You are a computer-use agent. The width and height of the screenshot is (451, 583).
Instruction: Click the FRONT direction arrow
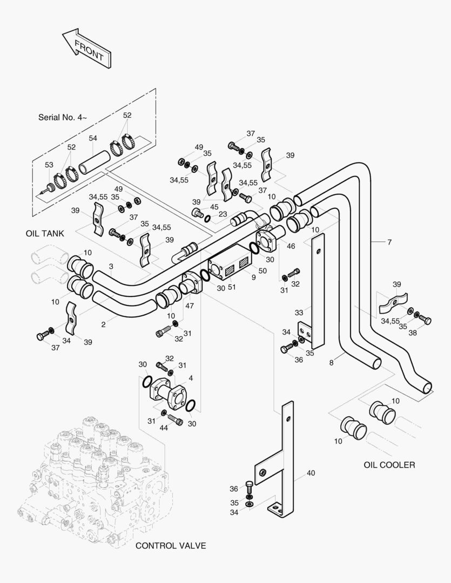click(x=87, y=49)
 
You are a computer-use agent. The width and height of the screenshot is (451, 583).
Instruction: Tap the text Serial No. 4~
click(x=62, y=117)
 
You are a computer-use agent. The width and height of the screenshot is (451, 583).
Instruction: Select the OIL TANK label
click(x=45, y=234)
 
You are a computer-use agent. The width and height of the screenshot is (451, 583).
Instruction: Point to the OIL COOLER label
click(x=389, y=465)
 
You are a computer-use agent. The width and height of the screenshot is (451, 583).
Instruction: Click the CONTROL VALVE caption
click(x=171, y=546)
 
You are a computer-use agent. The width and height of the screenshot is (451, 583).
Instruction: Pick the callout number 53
click(x=49, y=165)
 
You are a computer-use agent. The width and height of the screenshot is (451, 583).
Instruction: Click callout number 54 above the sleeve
click(x=93, y=139)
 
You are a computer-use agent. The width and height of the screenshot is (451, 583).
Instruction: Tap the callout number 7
click(x=389, y=242)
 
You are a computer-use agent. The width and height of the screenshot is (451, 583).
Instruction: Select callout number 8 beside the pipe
click(x=331, y=362)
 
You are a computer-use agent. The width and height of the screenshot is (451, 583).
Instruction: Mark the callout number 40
click(x=311, y=473)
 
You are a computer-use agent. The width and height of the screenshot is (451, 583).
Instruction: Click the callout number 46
click(x=291, y=246)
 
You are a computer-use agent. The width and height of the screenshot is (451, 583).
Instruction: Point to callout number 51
click(x=232, y=287)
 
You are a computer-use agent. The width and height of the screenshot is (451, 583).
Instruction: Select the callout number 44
click(x=164, y=428)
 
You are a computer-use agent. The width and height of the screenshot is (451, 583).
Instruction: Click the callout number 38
click(x=413, y=333)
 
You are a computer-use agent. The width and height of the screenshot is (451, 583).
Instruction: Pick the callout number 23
click(x=223, y=214)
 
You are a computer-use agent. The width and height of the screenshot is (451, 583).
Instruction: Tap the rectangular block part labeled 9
click(x=230, y=266)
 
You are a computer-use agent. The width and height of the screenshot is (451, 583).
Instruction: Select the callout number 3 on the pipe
click(x=111, y=266)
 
